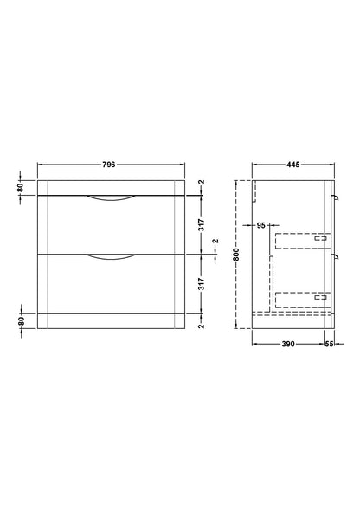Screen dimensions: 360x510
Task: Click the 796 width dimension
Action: point(109,165)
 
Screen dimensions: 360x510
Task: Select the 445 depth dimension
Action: point(293,165)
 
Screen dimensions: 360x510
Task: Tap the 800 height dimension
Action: point(236,255)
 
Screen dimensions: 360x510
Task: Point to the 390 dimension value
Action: point(288,344)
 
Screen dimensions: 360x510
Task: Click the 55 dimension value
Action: point(329,344)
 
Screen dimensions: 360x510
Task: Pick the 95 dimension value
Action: point(261,225)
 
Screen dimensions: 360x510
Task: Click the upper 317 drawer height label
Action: point(202,225)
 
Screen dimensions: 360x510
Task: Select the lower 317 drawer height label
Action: point(202,284)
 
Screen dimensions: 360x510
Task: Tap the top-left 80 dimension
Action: point(21,188)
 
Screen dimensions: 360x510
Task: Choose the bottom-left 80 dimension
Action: point(21,321)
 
